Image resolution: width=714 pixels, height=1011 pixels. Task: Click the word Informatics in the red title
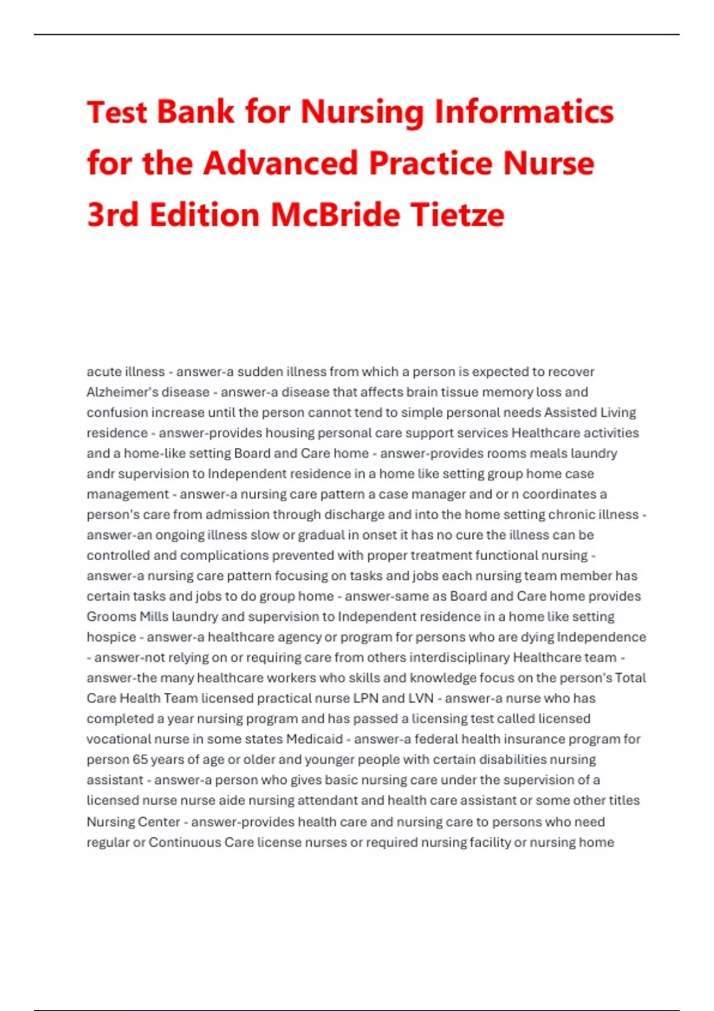click(x=524, y=112)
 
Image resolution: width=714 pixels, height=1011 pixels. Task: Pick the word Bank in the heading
click(x=195, y=112)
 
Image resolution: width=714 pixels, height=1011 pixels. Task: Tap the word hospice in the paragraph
click(x=111, y=637)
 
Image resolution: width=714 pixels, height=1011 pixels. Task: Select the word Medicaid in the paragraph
click(x=314, y=739)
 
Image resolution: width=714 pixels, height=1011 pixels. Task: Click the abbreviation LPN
click(x=365, y=698)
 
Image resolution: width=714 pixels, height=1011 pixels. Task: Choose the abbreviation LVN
click(x=420, y=698)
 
